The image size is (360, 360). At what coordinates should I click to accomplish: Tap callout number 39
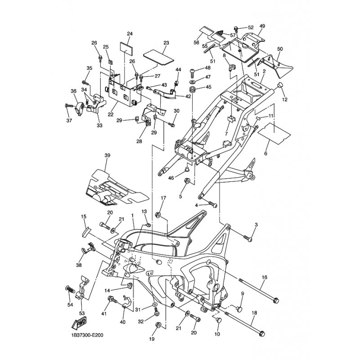[107, 155]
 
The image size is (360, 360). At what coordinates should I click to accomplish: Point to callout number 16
[264, 277]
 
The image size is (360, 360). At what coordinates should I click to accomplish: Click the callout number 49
[262, 26]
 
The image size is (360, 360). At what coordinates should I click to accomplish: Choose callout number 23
[166, 43]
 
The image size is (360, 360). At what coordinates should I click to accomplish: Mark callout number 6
[265, 153]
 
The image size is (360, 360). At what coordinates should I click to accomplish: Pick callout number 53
[82, 313]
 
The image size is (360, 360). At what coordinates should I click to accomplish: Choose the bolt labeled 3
[248, 238]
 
